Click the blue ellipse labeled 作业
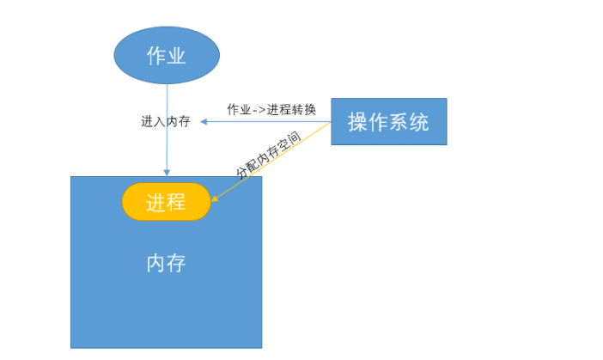click(167, 56)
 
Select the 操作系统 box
click(388, 122)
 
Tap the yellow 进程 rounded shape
click(166, 202)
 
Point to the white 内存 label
click(166, 262)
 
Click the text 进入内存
click(165, 122)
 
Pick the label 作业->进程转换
click(271, 110)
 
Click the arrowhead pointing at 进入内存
click(204, 122)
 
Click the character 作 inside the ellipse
click(156, 56)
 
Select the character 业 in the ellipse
click(177, 56)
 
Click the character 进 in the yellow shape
click(155, 202)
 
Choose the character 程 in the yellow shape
click(176, 202)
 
